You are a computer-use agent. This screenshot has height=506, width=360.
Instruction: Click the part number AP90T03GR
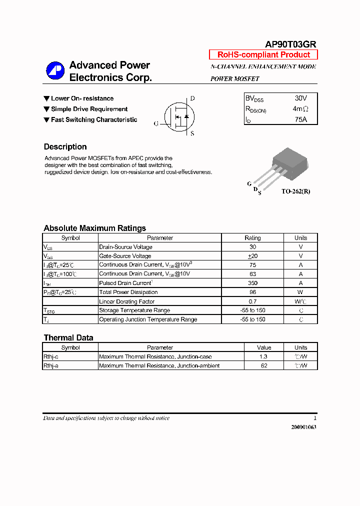pos(290,44)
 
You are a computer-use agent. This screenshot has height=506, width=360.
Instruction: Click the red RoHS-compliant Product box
pos(263,55)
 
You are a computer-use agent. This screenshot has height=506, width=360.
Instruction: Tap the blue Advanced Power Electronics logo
pos(55,71)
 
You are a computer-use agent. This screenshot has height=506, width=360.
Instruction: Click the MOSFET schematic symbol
pos(178,115)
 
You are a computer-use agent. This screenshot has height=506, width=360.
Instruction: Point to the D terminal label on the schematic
pos(192,98)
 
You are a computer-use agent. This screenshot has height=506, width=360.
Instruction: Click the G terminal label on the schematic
pos(156,123)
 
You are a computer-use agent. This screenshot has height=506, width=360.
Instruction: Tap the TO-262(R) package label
pos(295,191)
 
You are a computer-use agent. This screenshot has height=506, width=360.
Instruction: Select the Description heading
pos(65,147)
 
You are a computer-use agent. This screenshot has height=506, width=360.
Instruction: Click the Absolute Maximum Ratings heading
pos(94,228)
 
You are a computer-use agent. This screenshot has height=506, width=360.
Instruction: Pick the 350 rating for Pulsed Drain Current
pos(252,283)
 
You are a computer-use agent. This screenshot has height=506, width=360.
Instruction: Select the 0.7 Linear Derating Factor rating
pos(252,301)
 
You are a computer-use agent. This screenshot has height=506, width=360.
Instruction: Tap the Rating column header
pos(252,238)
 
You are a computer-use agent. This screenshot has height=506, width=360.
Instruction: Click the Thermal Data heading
pos(68,337)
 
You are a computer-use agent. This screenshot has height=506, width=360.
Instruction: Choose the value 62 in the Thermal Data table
pos(264,365)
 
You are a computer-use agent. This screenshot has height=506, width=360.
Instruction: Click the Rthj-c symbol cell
pos(51,356)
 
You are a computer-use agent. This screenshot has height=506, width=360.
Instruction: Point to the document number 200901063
pos(303,427)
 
